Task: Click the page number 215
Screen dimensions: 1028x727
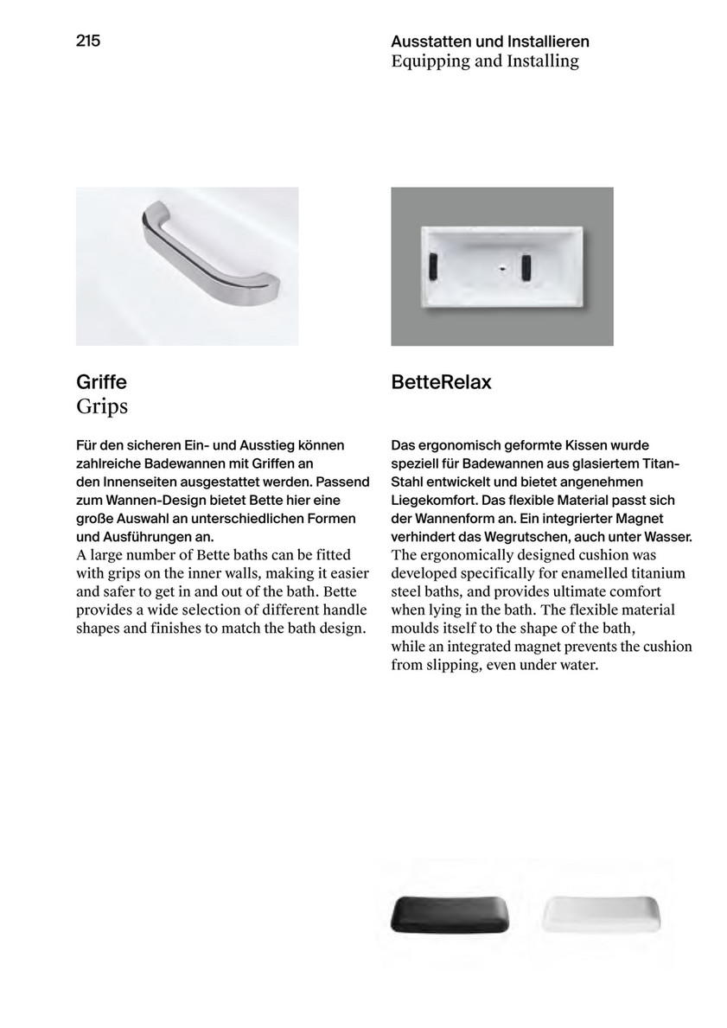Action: [x=88, y=40]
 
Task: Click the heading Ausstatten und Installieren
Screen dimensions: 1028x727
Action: [x=490, y=42]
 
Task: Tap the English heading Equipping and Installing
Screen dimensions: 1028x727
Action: [x=484, y=61]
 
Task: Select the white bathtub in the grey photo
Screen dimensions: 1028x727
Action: [x=501, y=265]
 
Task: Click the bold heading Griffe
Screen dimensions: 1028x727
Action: [x=101, y=382]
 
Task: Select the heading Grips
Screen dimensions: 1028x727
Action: [x=102, y=405]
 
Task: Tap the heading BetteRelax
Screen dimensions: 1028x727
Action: [x=441, y=382]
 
